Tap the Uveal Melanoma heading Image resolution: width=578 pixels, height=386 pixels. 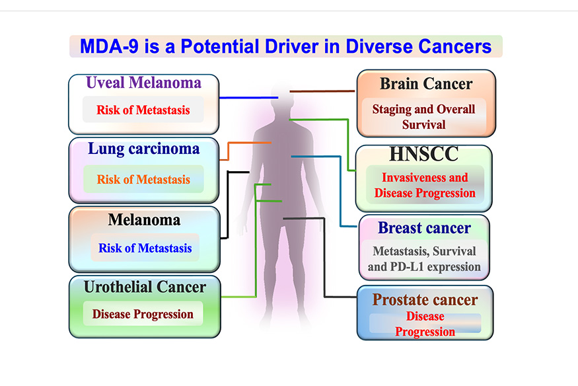[144, 83]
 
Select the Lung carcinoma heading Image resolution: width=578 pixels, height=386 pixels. [144, 149]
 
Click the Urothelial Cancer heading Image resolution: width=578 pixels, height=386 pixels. [145, 287]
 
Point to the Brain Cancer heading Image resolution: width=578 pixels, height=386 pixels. [426, 84]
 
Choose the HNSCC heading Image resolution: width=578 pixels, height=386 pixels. [424, 154]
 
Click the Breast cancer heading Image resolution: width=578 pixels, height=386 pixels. [424, 228]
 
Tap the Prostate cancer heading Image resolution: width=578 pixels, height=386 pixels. [425, 299]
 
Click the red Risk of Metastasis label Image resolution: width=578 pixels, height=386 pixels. [143, 110]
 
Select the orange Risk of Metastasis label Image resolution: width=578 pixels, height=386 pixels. [143, 180]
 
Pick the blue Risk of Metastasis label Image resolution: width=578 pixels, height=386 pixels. [145, 248]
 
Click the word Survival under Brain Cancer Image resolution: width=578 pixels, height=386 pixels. [424, 125]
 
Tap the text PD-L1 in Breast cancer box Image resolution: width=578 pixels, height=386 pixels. [406, 266]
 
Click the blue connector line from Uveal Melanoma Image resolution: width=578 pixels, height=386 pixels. [249, 98]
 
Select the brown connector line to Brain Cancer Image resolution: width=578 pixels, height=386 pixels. [322, 91]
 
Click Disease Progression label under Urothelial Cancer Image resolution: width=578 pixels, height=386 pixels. [143, 314]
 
